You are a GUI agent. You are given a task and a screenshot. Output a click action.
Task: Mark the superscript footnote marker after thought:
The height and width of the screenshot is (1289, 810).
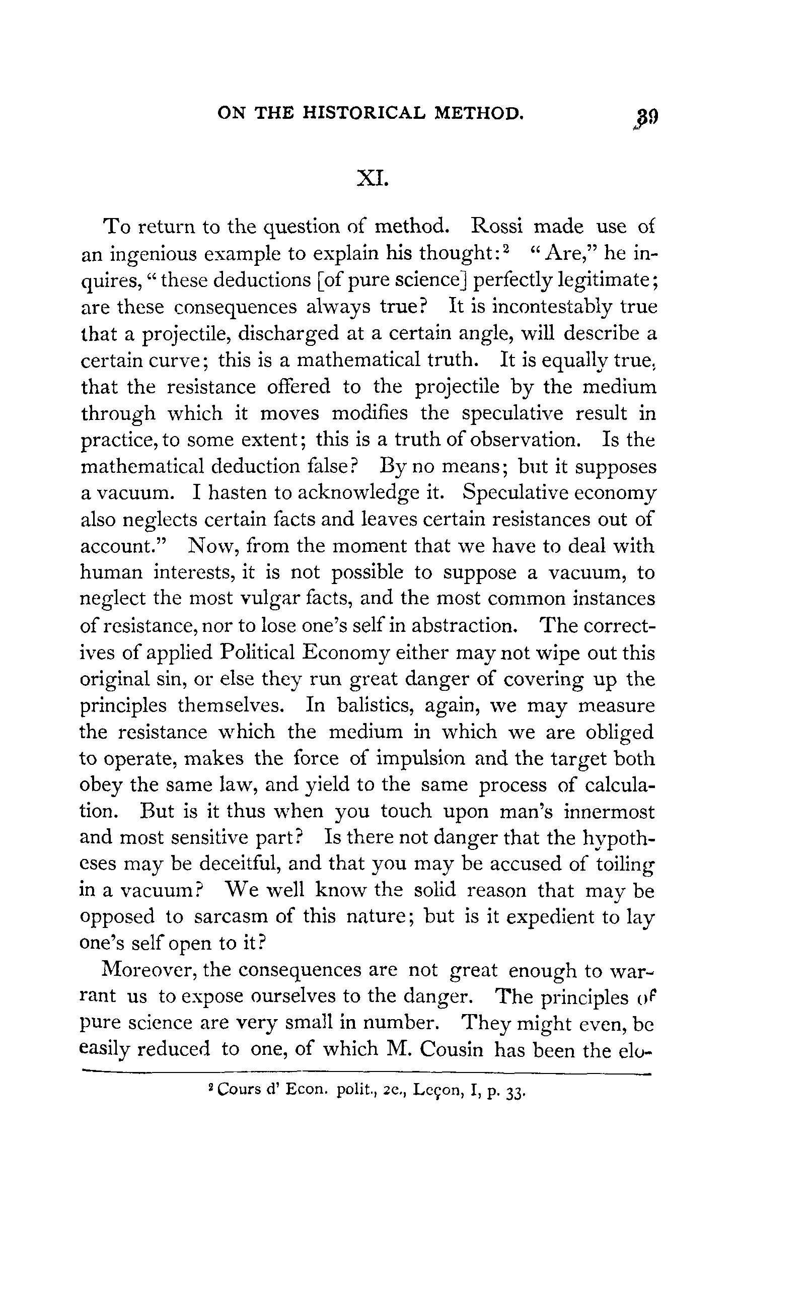point(505,248)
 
